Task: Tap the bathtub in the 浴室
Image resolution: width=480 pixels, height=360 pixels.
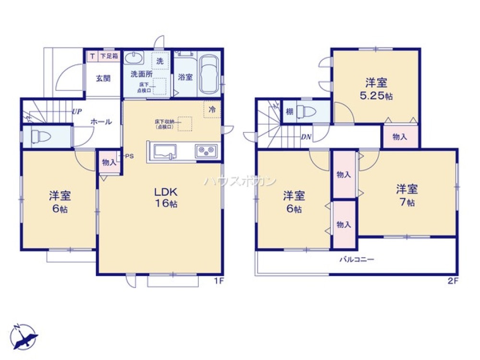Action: click(209, 75)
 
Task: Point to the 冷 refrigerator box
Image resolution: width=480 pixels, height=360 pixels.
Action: click(212, 109)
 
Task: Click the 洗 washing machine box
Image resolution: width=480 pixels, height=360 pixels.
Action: click(160, 61)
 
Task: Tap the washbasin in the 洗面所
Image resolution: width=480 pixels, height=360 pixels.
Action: click(133, 59)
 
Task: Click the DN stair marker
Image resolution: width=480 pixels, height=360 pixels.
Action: click(306, 137)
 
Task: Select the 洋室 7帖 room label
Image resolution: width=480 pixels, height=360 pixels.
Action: click(406, 195)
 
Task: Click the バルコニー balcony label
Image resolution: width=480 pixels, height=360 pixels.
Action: click(357, 260)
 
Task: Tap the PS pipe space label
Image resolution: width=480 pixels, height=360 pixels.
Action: click(129, 156)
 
